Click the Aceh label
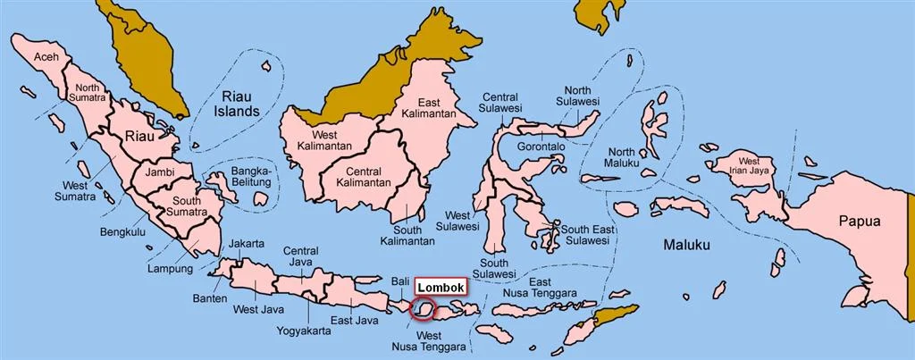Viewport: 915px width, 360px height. click(45, 58)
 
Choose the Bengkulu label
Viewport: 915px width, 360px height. click(120, 231)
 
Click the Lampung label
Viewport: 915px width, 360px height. click(170, 268)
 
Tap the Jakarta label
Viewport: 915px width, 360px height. click(247, 243)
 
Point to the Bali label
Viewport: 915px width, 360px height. click(399, 281)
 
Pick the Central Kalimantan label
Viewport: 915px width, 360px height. click(364, 176)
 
